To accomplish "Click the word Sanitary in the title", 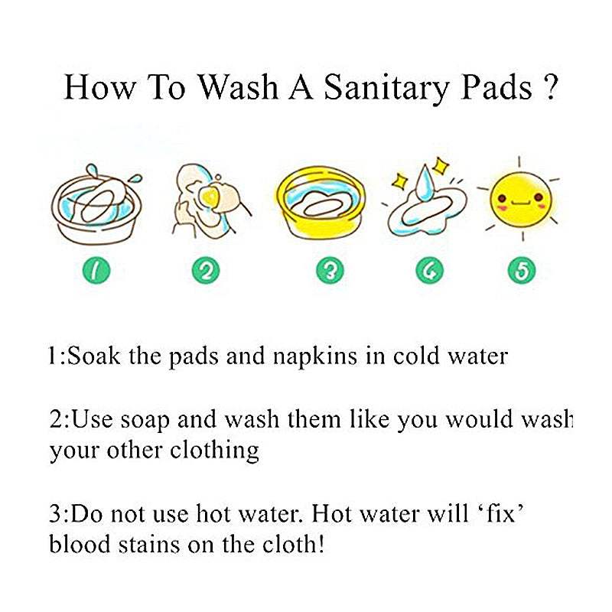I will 386,87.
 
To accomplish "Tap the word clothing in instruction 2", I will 216,451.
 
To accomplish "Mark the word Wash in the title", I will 238,87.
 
